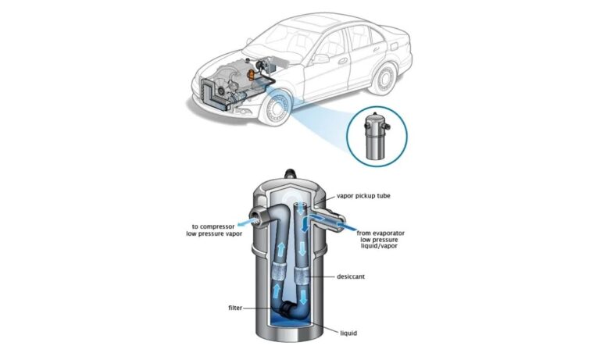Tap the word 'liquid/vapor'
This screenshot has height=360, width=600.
pos(380,251)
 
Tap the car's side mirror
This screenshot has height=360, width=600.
pos(320,58)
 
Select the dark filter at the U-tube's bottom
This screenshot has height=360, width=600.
pos(290,310)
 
